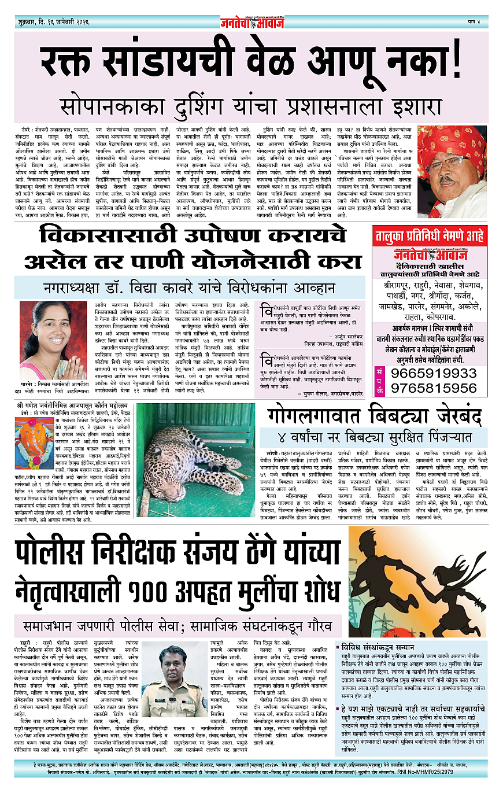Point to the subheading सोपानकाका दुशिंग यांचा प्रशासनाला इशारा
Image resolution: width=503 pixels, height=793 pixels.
[x=251, y=107]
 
